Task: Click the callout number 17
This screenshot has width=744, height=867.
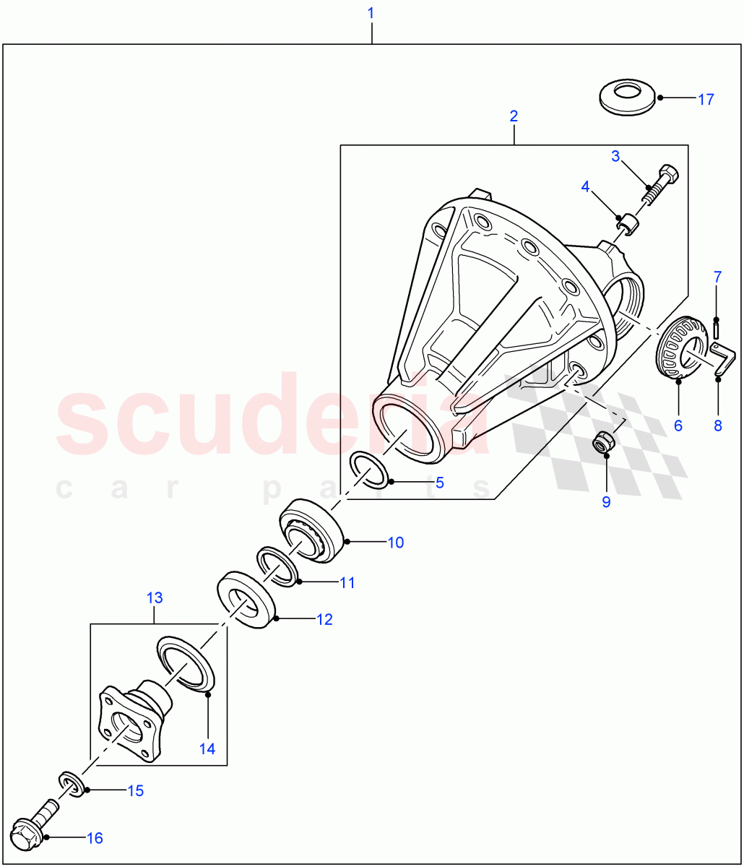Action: (x=706, y=99)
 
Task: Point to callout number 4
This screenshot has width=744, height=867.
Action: (x=586, y=186)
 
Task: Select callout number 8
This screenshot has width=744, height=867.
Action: (x=717, y=426)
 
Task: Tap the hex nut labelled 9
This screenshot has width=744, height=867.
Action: (x=603, y=442)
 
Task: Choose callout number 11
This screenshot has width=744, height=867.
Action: (x=347, y=582)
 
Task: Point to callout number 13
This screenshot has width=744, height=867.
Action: (x=155, y=598)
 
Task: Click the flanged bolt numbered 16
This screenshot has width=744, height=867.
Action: (x=371, y=13)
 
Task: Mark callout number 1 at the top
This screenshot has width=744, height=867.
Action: (x=514, y=116)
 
